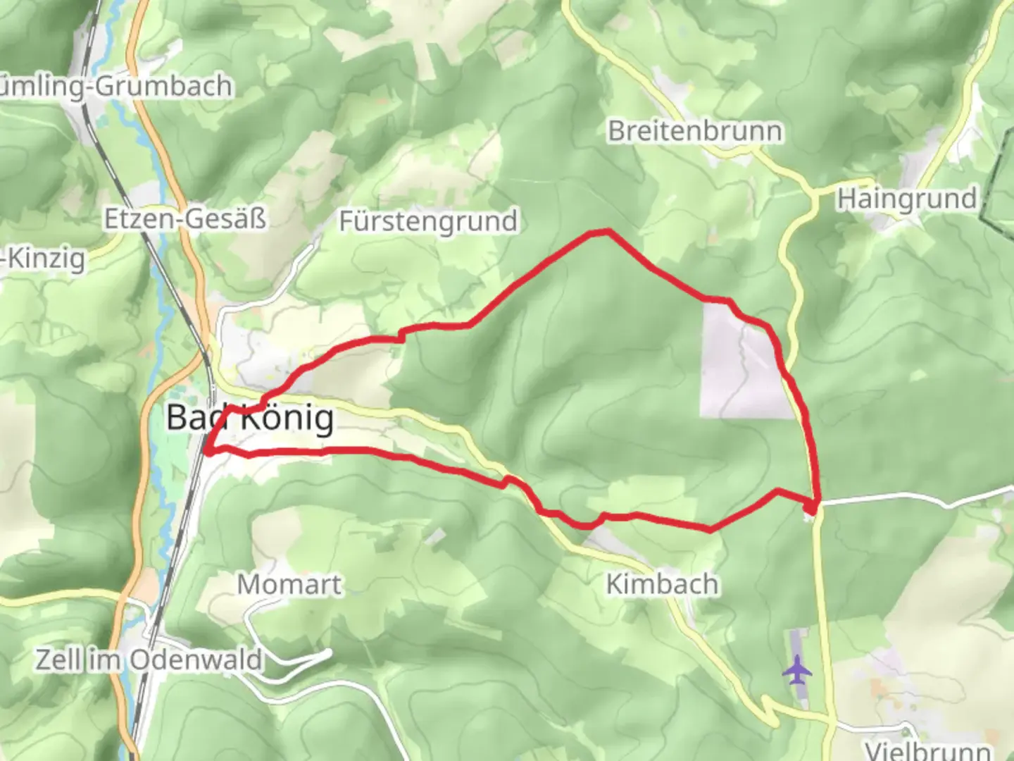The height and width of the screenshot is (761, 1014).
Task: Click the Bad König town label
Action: [250, 419]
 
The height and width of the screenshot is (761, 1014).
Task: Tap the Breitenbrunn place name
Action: [695, 131]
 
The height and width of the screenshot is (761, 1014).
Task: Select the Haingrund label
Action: [907, 199]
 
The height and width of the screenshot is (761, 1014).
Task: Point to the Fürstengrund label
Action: [428, 221]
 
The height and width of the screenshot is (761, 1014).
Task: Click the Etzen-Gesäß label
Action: [185, 219]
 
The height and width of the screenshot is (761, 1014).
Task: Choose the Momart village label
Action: [289, 584]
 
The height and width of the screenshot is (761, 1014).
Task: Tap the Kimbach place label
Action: [662, 584]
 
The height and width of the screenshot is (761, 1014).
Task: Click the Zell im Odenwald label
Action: [149, 660]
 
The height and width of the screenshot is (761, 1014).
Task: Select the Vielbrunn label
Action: [928, 750]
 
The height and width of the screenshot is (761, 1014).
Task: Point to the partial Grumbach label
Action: [116, 86]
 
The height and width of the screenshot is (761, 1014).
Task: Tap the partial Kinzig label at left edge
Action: [42, 259]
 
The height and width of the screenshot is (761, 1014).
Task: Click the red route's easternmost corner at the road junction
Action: [815, 505]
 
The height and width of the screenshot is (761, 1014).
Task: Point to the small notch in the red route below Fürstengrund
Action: [402, 335]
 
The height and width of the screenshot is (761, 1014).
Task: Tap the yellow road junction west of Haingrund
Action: [813, 192]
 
